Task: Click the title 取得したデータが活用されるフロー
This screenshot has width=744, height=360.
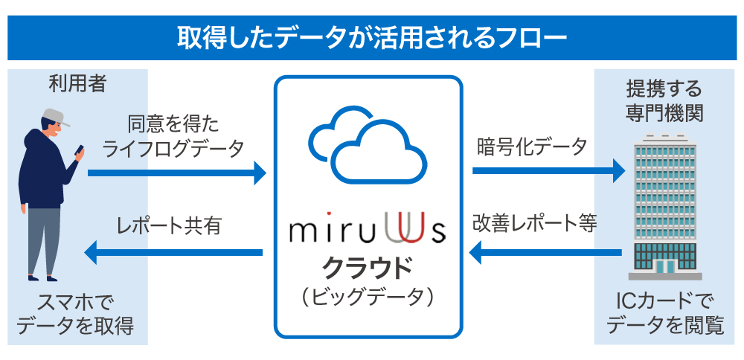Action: point(371,37)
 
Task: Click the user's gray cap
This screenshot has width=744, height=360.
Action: point(52,118)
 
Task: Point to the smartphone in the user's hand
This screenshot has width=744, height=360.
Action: point(77,151)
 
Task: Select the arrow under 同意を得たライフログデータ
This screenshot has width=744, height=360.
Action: point(176,174)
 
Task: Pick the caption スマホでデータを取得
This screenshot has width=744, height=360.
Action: point(77,314)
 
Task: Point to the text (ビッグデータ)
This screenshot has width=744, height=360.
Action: point(368,296)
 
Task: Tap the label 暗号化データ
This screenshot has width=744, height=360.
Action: point(531,146)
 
